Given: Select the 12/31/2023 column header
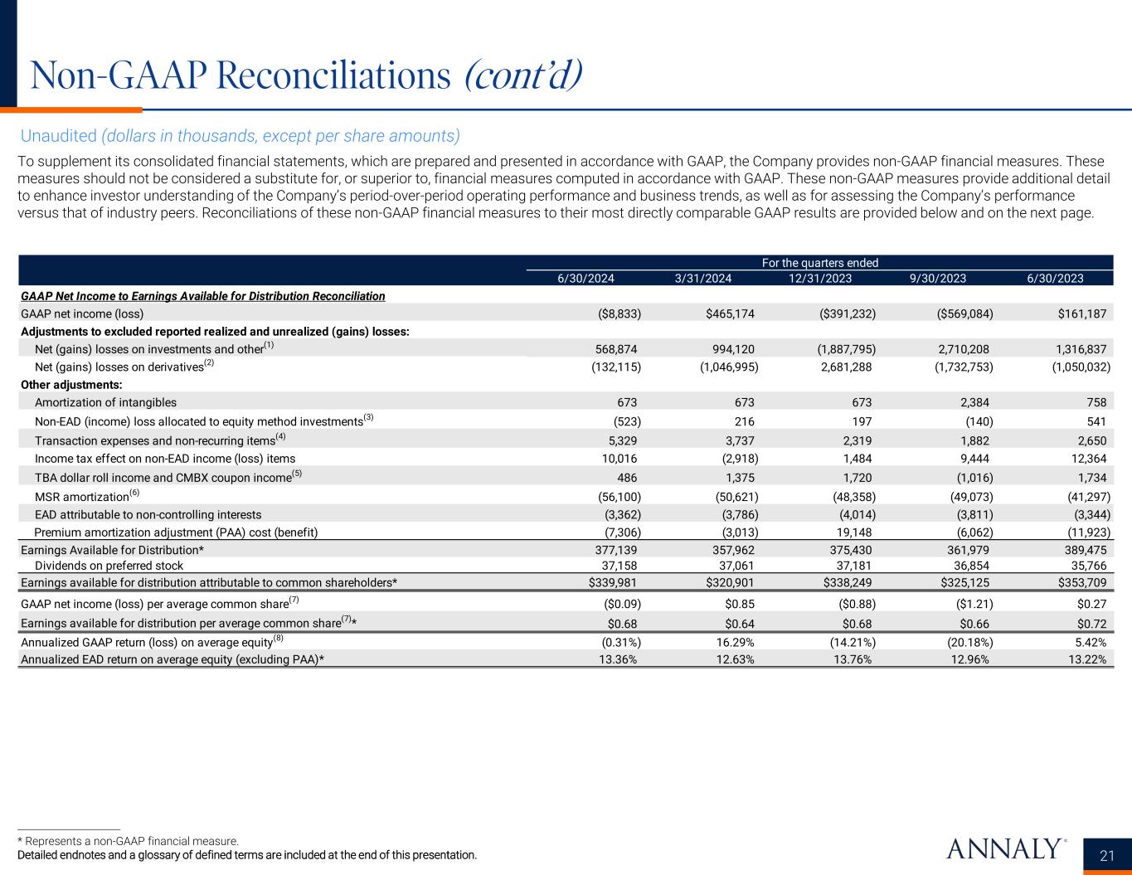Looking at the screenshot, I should [820, 278].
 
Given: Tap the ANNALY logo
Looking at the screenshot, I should [1003, 848].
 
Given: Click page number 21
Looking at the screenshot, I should [1107, 856].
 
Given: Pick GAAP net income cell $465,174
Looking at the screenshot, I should [726, 314].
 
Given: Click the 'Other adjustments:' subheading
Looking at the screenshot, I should [71, 385].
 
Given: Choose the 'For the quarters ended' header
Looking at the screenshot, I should [819, 263].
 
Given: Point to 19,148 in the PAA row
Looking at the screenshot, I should [854, 532].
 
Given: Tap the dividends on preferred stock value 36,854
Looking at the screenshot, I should [972, 566].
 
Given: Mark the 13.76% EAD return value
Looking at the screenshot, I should [851, 659].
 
